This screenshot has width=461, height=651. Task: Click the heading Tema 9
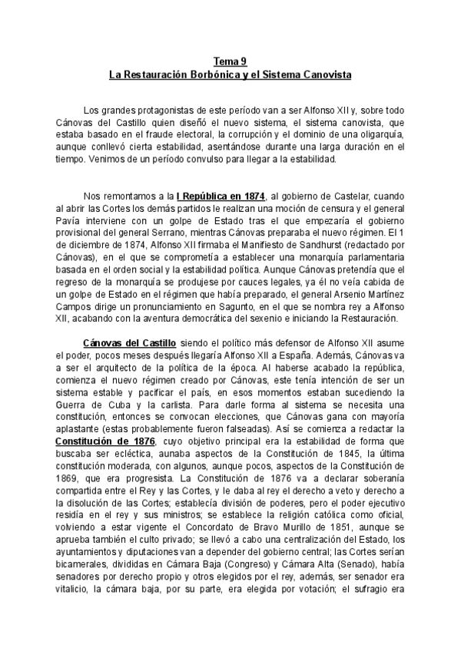pyautogui.click(x=230, y=63)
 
